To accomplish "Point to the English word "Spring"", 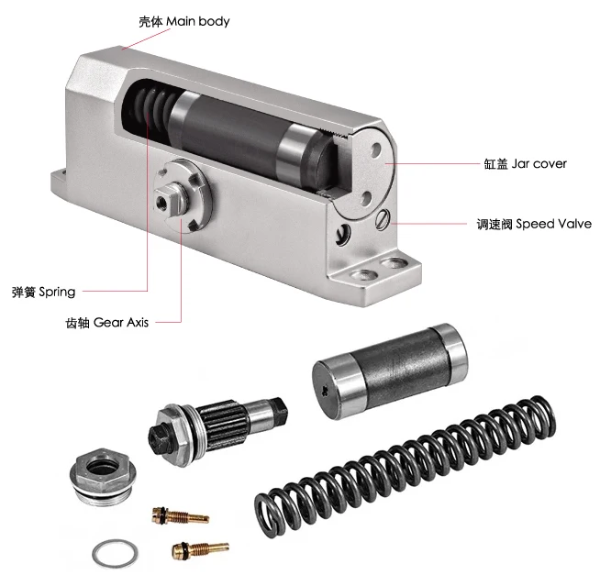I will click(x=56, y=292).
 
